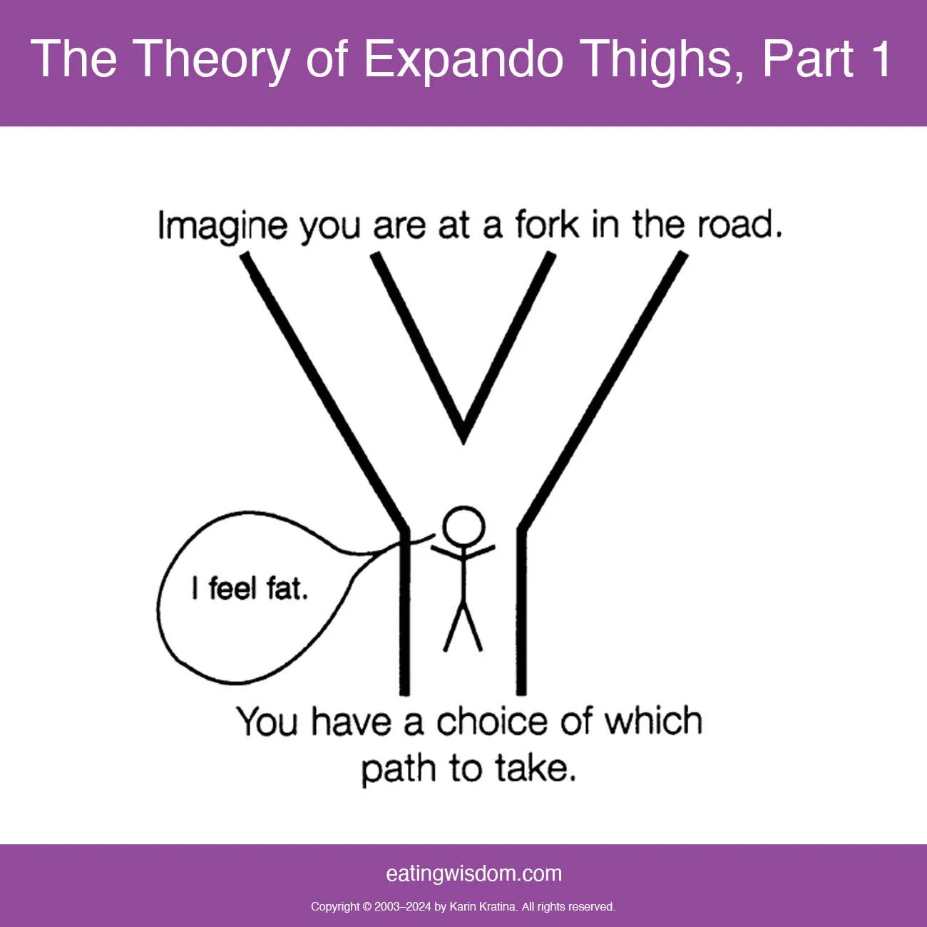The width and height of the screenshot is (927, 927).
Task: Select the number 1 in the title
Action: (x=880, y=58)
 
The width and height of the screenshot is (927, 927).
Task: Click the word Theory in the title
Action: (x=212, y=60)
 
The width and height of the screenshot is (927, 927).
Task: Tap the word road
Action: (x=739, y=225)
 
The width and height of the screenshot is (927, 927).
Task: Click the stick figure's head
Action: (x=463, y=526)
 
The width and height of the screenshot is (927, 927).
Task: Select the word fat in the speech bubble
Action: (x=287, y=589)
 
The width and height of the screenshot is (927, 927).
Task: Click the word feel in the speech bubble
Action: (x=232, y=589)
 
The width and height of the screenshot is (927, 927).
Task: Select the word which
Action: (x=653, y=722)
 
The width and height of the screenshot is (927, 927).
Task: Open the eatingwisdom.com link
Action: (x=473, y=874)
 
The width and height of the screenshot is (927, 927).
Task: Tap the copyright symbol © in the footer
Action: (x=367, y=907)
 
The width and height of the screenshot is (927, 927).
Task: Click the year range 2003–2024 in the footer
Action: (x=402, y=907)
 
